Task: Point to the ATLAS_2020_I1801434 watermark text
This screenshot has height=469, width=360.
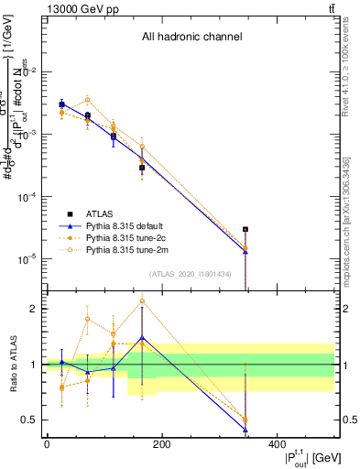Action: point(191,274)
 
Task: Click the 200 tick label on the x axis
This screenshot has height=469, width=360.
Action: point(161,444)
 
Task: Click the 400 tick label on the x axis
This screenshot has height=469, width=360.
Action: point(276,444)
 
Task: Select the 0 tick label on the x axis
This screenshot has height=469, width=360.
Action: point(47,444)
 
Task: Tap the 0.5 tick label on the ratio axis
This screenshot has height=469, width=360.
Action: point(29,420)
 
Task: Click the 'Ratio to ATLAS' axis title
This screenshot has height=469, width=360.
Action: point(12,364)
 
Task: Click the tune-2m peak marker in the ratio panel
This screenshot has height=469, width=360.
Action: point(142,300)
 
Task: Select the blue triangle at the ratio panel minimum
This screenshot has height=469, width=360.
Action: point(245,430)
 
